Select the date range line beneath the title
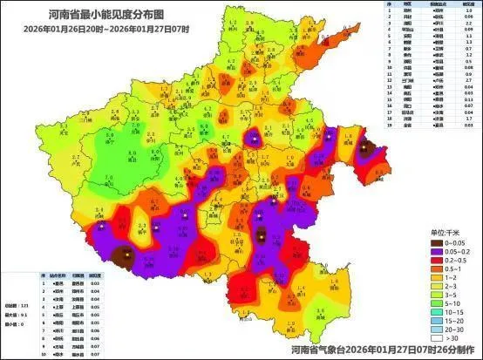click(97, 25)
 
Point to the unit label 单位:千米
click(446, 233)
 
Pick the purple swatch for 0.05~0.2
click(438, 251)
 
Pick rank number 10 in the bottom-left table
click(44, 357)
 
